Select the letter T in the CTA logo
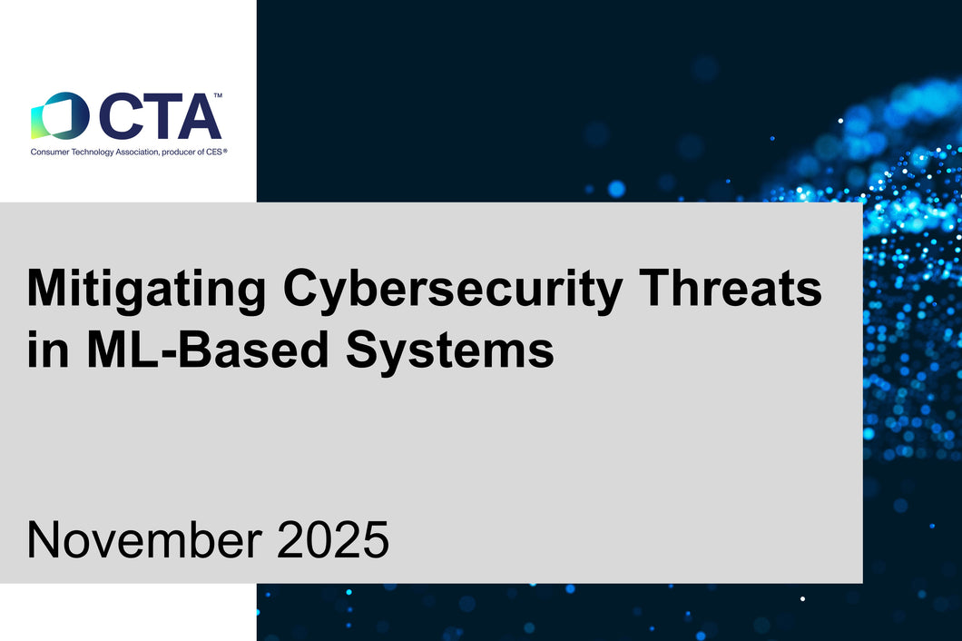click(161, 116)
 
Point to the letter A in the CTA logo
click(200, 116)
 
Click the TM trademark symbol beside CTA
click(218, 95)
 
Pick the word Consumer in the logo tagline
click(47, 152)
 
